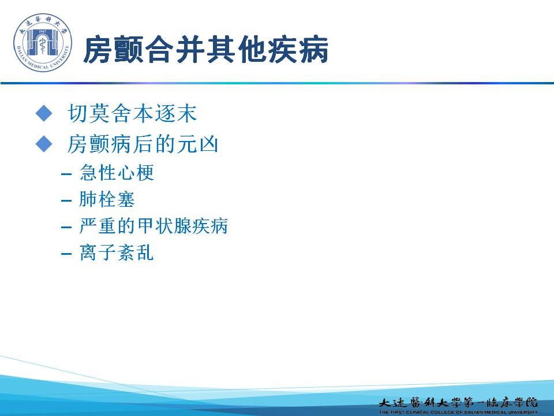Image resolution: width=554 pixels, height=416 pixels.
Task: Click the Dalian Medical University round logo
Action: click(x=43, y=42)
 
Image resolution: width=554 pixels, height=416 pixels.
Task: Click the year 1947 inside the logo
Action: click(x=42, y=32)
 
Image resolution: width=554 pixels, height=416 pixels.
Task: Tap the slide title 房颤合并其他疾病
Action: click(x=206, y=50)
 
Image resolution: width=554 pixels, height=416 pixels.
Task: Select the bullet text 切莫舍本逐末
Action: click(x=132, y=113)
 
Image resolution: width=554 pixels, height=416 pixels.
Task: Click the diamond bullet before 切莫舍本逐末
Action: click(x=44, y=113)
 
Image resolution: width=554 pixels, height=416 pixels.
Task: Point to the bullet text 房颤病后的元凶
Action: click(x=143, y=144)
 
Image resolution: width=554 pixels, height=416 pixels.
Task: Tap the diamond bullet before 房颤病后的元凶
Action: click(x=44, y=144)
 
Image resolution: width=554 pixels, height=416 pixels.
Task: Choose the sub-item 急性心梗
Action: click(x=117, y=173)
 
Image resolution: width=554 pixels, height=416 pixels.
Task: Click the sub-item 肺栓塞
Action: click(x=107, y=199)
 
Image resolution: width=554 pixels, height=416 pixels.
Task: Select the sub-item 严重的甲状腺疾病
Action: click(x=154, y=226)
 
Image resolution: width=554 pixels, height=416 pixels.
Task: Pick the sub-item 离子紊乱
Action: click(x=117, y=252)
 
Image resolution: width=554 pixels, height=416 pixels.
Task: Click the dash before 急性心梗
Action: click(x=66, y=174)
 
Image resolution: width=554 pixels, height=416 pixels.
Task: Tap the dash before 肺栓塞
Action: click(x=66, y=201)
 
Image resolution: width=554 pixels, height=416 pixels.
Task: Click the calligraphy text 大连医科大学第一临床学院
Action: click(x=458, y=403)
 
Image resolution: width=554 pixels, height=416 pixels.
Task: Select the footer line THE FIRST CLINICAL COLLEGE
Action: click(x=458, y=412)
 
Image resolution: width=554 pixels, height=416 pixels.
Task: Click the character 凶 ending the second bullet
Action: click(x=208, y=144)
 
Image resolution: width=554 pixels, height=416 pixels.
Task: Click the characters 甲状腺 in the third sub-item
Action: click(x=163, y=226)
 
